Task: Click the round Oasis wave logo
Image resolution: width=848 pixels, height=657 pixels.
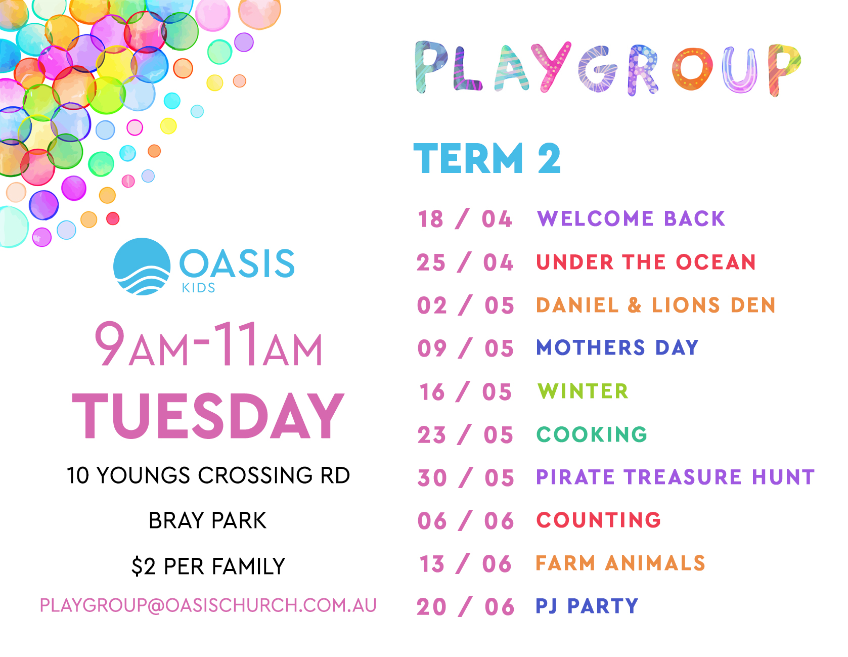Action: [x=142, y=266]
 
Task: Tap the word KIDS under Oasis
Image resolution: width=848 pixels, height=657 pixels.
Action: [x=199, y=288]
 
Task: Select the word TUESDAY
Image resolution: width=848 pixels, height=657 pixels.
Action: [x=208, y=416]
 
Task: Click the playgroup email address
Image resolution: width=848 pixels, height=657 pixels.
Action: [x=208, y=605]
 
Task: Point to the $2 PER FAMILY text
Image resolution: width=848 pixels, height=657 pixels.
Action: [x=208, y=566]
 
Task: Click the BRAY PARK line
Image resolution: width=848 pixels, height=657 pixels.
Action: [x=207, y=520]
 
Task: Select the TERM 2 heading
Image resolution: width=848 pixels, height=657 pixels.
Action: [x=487, y=158]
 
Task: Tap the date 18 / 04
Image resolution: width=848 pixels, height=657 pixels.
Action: [x=465, y=219]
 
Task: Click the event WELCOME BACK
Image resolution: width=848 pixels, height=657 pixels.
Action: [x=631, y=218]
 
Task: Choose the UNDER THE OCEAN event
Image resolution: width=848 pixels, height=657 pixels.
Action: [x=646, y=262]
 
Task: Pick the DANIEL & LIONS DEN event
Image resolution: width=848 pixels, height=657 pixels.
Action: [x=656, y=305]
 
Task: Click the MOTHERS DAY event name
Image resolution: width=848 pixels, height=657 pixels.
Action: [x=617, y=347]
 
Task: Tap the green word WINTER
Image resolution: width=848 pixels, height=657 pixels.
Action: [x=583, y=391]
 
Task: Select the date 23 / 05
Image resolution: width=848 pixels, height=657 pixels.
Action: [x=465, y=435]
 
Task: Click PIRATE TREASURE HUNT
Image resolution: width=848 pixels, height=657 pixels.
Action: [x=676, y=477]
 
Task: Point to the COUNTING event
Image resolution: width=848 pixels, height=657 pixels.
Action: [x=599, y=520]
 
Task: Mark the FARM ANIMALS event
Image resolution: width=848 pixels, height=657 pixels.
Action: [x=620, y=563]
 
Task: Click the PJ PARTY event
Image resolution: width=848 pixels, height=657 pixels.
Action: [x=587, y=605]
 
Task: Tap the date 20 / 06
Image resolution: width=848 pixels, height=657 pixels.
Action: [x=465, y=607]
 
